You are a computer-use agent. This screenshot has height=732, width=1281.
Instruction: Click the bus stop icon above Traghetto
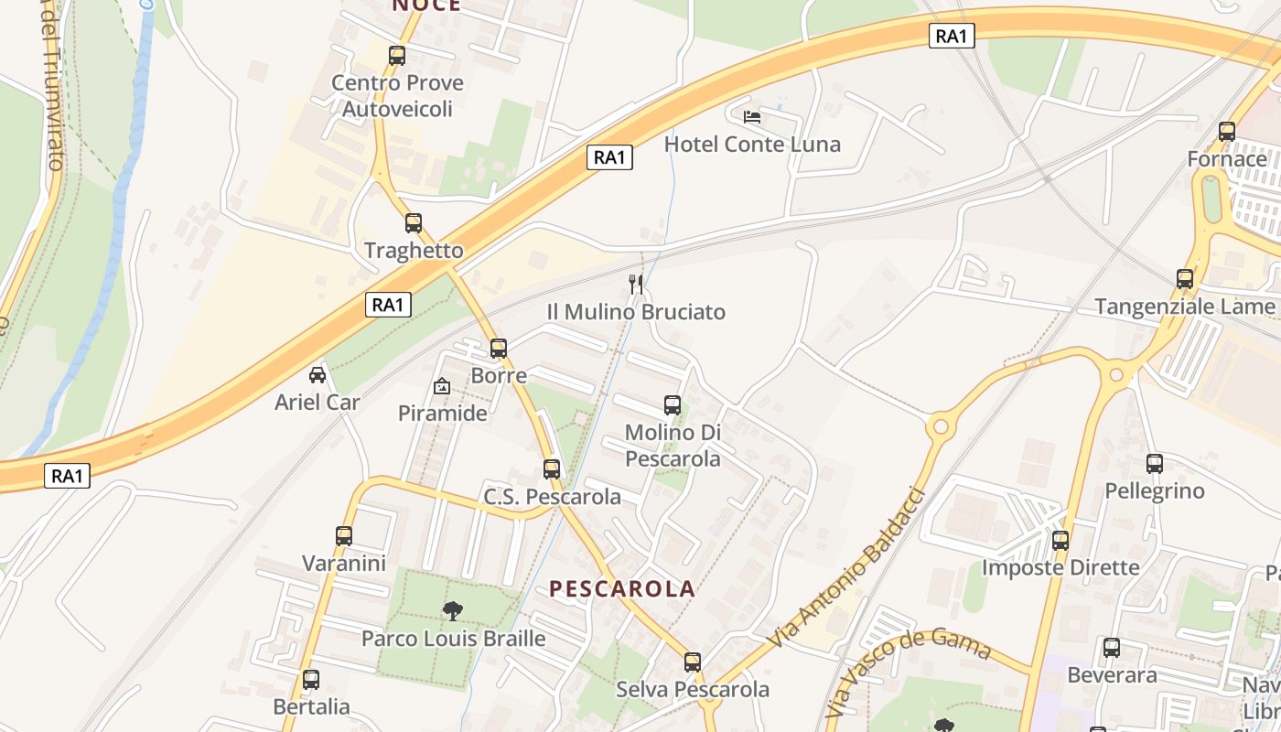click(414, 222)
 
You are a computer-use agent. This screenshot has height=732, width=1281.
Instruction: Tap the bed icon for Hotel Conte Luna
click(752, 116)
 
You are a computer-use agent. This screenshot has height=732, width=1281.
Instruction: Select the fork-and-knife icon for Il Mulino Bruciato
click(637, 285)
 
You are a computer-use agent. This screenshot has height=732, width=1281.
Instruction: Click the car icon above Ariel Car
click(318, 374)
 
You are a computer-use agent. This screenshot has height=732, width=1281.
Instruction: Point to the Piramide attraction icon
click(442, 386)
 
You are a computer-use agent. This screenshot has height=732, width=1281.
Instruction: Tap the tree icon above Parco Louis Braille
click(453, 610)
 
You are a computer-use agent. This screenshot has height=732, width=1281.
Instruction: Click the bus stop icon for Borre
click(499, 348)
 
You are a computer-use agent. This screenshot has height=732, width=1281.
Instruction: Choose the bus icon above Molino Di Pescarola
click(673, 404)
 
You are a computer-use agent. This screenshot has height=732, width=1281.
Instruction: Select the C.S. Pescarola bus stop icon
click(552, 469)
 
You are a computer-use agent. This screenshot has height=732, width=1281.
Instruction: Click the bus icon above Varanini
click(344, 536)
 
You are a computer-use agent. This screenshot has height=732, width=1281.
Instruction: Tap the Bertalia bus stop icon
click(311, 680)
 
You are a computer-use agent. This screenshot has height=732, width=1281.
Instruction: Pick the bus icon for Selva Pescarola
click(693, 662)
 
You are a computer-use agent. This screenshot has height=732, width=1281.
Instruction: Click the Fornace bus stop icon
click(1227, 132)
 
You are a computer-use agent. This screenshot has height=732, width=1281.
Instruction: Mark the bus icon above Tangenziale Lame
click(1185, 279)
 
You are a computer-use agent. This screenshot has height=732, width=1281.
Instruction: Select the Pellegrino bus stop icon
click(1155, 464)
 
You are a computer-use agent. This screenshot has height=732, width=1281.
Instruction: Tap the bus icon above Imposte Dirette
click(1060, 540)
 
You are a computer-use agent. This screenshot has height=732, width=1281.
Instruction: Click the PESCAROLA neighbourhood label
click(622, 589)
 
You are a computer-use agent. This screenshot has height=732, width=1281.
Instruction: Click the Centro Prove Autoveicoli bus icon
click(397, 56)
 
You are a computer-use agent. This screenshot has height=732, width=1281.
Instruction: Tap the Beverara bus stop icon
click(1112, 648)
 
